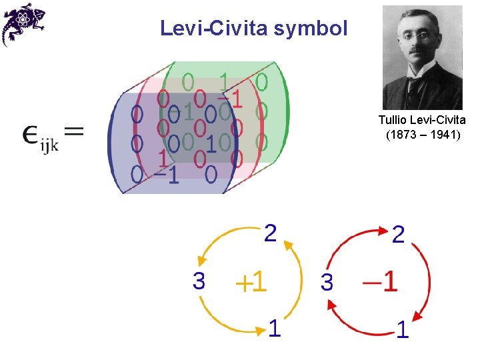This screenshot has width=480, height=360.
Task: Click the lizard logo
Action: coord(23,24)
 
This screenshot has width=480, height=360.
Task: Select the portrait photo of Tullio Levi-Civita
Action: coord(423,57)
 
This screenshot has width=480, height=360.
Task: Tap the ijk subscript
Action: coord(49,145)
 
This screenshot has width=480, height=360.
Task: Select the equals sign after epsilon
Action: coord(74,131)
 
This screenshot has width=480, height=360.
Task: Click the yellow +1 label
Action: coord(251,282)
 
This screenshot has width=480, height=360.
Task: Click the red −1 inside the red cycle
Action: coord(380,281)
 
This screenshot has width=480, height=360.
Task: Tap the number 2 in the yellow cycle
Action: coord(270,233)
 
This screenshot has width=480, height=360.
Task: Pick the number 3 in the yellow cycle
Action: coord(199,281)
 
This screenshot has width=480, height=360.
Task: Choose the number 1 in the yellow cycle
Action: coord(275,328)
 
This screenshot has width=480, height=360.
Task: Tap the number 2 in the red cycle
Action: coord(398,235)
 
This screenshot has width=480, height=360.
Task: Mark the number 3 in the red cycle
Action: coord(327,282)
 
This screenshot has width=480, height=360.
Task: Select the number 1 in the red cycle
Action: coord(403,329)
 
